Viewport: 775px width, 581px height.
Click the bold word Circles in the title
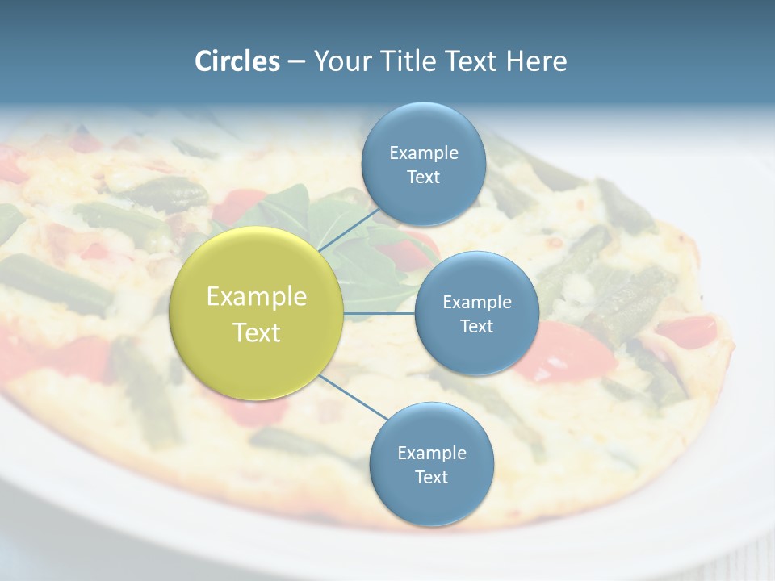237,61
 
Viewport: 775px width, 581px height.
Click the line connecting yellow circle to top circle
349,230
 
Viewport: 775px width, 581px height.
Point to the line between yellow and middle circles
379,313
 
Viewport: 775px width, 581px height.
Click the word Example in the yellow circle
257,297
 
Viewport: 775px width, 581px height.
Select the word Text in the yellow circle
257,332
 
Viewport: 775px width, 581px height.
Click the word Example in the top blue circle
424,153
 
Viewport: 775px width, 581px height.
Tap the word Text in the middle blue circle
476,326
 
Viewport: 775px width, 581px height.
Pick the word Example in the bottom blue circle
432,453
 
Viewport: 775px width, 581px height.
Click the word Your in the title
338,61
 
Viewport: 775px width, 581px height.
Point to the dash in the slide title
296,61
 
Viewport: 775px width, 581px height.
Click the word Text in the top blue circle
423,178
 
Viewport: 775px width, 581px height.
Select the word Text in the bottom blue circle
431,477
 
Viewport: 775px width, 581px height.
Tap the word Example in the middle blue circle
477,302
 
